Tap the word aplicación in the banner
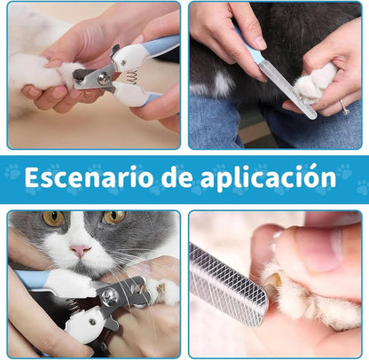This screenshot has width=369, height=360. pyautogui.click(x=268, y=178)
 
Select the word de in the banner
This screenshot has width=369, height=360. pyautogui.click(x=177, y=177)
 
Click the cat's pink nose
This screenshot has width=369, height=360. pyautogui.click(x=80, y=251)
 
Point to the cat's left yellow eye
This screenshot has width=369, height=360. pyautogui.click(x=53, y=218)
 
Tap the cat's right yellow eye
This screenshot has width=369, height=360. pyautogui.click(x=114, y=217)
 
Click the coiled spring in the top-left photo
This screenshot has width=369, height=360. pyautogui.click(x=130, y=77)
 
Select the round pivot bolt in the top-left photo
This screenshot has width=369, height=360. pyautogui.click(x=104, y=80)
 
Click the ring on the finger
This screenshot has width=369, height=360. pyautogui.click(x=343, y=106)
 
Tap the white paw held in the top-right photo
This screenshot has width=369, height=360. pyautogui.click(x=313, y=84)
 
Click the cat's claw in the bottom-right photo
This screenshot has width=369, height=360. pyautogui.click(x=273, y=280)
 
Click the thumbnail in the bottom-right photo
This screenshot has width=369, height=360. pyautogui.click(x=326, y=249)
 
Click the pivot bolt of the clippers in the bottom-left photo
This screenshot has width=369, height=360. pyautogui.click(x=110, y=295)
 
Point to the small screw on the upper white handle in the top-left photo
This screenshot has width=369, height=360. pyautogui.click(x=123, y=62)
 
